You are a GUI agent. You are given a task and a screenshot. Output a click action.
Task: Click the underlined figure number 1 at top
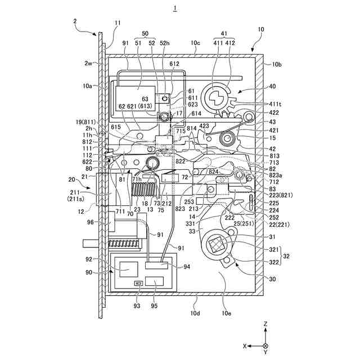tap(175, 8)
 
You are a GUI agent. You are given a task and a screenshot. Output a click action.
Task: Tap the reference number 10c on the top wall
tap(195, 43)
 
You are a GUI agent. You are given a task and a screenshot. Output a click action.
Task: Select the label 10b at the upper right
tap(277, 65)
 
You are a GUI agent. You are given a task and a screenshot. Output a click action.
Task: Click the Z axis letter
tap(265, 325)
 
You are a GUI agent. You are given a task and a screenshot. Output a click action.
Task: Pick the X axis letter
tap(245, 346)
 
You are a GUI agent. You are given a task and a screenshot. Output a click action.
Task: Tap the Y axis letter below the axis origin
tap(265, 355)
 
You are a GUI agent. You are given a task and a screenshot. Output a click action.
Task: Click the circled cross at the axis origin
tap(265, 346)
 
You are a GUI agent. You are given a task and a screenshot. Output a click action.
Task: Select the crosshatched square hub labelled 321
tap(218, 244)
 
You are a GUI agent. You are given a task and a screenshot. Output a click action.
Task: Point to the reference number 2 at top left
tap(75, 21)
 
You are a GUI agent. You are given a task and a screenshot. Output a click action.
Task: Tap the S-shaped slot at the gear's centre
tap(216, 100)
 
